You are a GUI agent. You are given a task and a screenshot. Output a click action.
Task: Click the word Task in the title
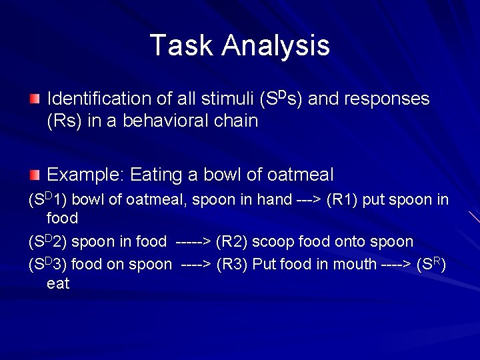click(x=182, y=45)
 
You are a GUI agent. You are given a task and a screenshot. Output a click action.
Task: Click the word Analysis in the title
click(x=276, y=45)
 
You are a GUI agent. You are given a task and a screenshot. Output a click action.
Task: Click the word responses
click(x=386, y=99)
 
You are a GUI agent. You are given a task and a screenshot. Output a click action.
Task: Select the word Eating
click(x=157, y=175)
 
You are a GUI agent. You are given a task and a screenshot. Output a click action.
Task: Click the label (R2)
click(x=231, y=241)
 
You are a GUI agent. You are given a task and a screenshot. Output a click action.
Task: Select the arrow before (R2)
click(x=191, y=241)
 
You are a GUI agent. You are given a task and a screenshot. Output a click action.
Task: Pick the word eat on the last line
click(x=58, y=283)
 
